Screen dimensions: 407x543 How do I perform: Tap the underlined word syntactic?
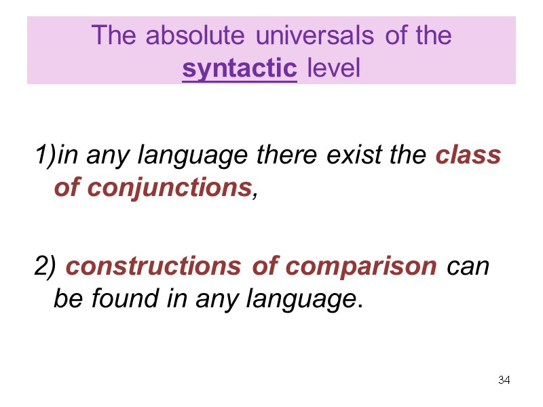(240, 69)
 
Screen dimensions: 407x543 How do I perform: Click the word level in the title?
(333, 69)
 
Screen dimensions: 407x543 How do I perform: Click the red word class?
(468, 156)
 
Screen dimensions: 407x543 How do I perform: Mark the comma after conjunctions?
(255, 194)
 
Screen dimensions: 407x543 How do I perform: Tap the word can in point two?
(469, 267)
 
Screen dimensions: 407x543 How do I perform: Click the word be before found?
(66, 299)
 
